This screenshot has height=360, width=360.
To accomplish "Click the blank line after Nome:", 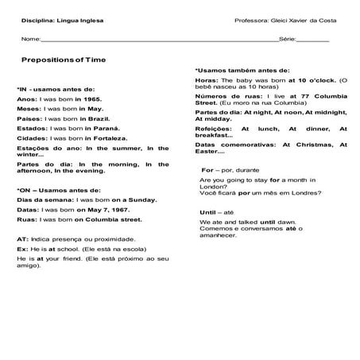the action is tap(159, 38).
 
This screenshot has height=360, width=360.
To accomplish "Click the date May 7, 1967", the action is tap(108, 210).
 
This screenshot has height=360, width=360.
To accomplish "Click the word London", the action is tap(210, 186).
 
